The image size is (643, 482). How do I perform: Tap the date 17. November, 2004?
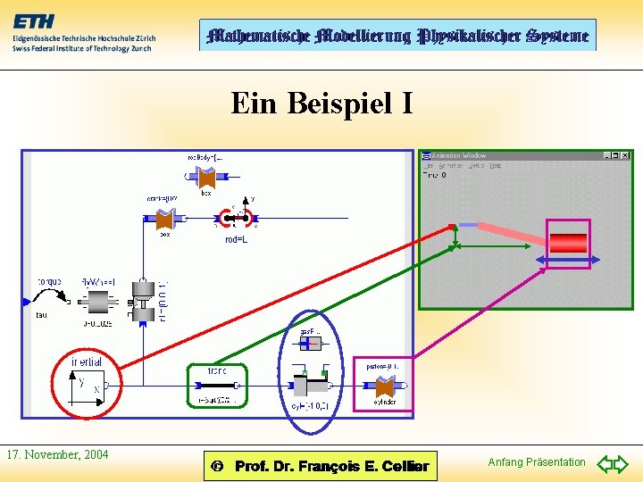57,454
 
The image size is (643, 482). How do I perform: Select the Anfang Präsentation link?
537,461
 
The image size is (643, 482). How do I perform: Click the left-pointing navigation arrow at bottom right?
605,463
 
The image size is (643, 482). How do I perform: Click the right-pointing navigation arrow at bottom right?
622,463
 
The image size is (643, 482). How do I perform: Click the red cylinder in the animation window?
568,242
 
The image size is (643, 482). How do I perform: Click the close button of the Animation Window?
626,155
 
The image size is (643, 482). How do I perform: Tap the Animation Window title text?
459,155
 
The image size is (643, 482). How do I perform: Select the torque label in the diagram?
49,282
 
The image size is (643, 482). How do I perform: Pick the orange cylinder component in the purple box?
385,386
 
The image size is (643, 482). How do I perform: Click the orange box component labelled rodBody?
206,178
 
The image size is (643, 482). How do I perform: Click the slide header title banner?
397,36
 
